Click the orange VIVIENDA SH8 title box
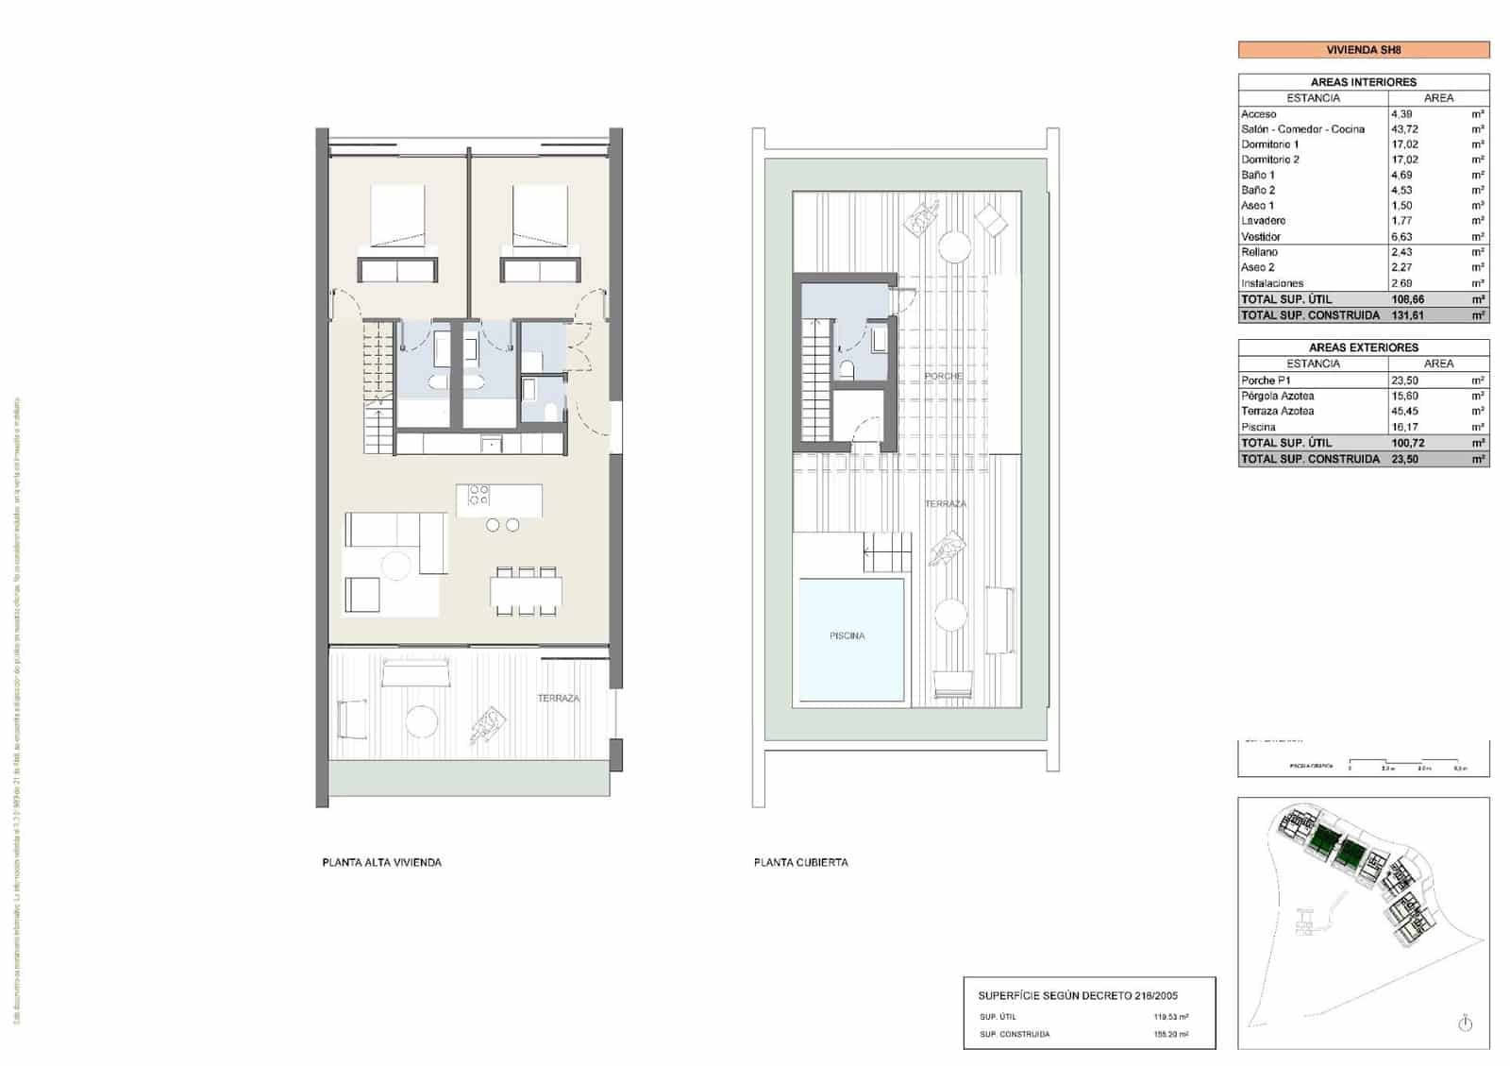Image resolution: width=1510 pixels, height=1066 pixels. coord(1363,50)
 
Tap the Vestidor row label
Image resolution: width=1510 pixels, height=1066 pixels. coord(1261,237)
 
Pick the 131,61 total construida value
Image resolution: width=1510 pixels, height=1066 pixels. coord(1407,315)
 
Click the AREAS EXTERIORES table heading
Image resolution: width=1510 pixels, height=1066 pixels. coord(1363,347)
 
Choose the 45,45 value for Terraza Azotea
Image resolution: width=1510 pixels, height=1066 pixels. coord(1404,412)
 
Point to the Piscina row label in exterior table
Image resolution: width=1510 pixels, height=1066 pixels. coord(1258,428)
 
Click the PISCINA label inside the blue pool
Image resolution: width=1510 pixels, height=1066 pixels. coord(847,635)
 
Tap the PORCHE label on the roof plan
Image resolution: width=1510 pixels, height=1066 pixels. coord(943,376)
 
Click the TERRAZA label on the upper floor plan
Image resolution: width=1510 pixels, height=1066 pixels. coord(558,699)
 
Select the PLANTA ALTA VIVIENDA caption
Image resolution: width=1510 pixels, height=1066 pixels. coord(381,862)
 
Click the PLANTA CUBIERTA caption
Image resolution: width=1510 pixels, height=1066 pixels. coord(800,862)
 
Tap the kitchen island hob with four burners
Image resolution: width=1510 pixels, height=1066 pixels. coord(478,495)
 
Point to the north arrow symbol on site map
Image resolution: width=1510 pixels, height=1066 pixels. coord(1465,1024)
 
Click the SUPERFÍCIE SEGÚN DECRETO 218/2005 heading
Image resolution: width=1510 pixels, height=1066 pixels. coord(1077,995)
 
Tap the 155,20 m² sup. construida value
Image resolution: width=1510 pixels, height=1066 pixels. coord(1170,1035)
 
